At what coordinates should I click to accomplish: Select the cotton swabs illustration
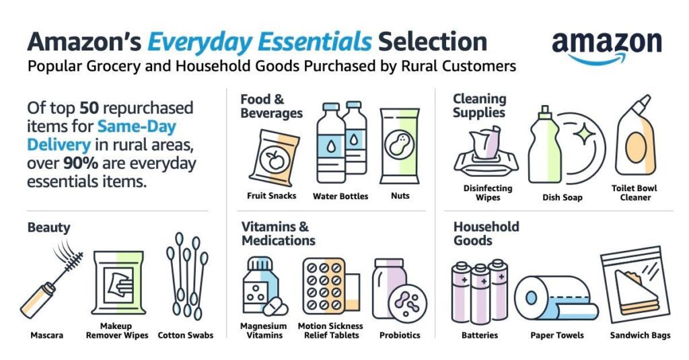click(187, 276)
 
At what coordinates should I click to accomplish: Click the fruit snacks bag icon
click(275, 158)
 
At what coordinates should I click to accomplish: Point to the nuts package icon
click(400, 146)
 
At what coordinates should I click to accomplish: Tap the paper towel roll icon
click(556, 298)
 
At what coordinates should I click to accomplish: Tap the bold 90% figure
click(81, 163)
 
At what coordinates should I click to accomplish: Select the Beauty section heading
click(48, 227)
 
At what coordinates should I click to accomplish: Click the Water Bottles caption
click(340, 196)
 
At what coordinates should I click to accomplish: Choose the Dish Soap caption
click(563, 197)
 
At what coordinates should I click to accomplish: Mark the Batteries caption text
click(480, 335)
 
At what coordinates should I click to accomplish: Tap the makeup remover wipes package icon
click(118, 283)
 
